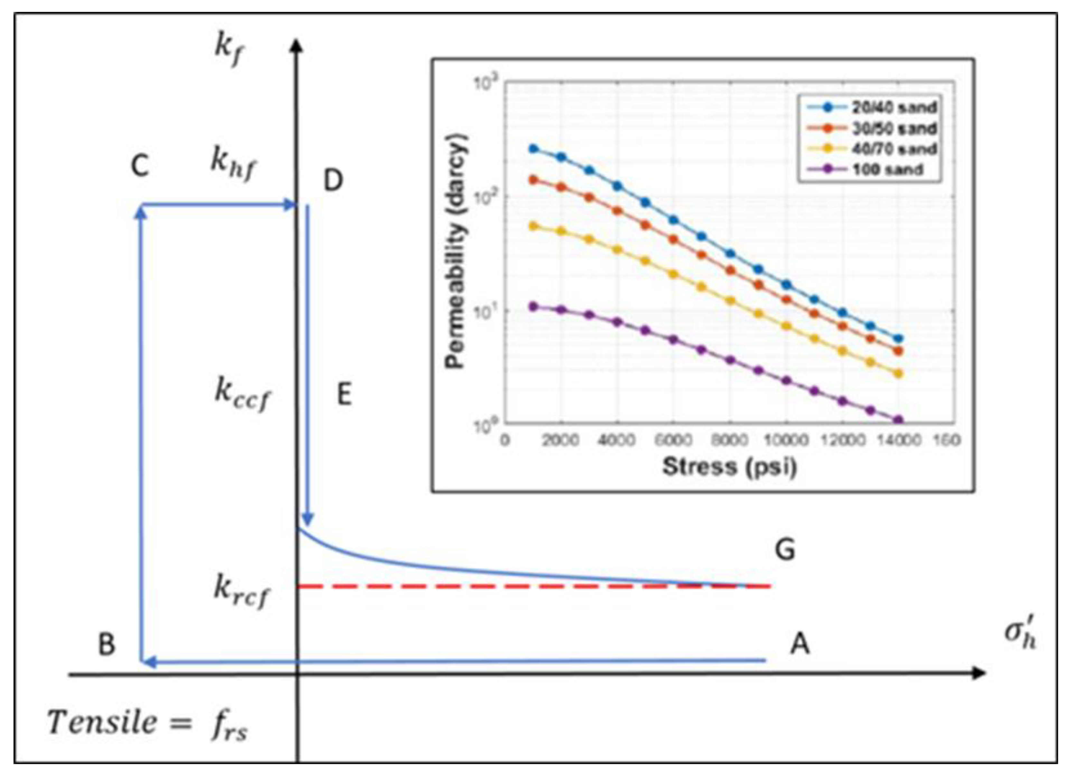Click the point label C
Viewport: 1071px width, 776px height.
(x=140, y=166)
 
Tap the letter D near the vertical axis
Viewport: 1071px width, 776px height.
(x=333, y=181)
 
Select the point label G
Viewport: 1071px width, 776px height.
(x=785, y=550)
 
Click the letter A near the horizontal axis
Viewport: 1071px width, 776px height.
(x=800, y=644)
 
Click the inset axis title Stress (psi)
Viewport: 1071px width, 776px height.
(x=730, y=467)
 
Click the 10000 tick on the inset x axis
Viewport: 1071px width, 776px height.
(x=786, y=440)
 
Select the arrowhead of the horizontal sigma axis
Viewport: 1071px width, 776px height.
(x=980, y=673)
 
